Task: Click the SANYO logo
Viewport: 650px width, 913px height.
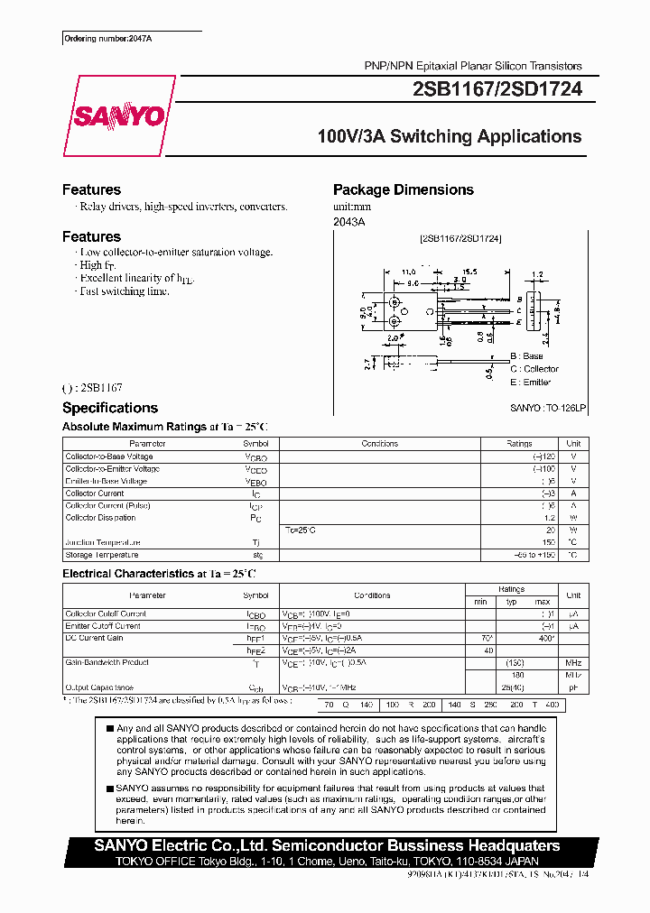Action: pos(117,116)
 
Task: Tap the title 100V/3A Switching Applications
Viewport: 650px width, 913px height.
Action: pos(450,137)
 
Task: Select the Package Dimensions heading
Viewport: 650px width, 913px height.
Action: pos(403,189)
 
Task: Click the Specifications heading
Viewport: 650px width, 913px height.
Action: pos(109,408)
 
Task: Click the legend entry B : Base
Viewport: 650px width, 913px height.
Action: pos(526,356)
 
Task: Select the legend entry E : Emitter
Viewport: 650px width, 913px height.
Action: pos(530,383)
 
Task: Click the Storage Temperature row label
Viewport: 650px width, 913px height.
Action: pos(102,555)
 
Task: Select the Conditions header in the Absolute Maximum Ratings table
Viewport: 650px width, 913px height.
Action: pos(379,444)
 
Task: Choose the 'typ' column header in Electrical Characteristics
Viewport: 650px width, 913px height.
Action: pos(511,602)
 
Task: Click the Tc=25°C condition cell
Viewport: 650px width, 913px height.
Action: pos(301,530)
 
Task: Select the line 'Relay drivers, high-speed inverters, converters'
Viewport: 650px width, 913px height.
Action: pos(183,207)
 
